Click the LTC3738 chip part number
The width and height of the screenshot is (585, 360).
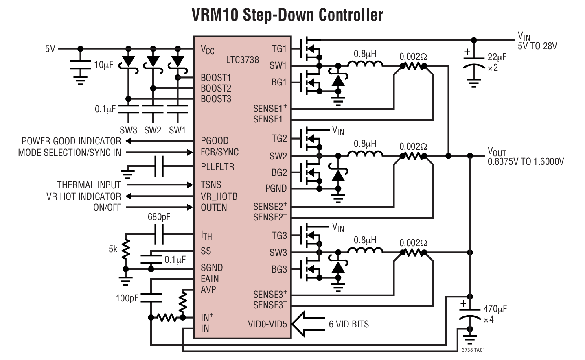click(x=242, y=60)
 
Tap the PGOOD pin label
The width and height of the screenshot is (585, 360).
click(x=215, y=141)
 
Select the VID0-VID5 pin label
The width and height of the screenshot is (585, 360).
click(x=267, y=324)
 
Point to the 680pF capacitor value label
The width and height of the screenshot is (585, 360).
click(x=159, y=217)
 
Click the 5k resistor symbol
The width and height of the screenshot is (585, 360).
click(x=126, y=249)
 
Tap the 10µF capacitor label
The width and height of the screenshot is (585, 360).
click(x=103, y=65)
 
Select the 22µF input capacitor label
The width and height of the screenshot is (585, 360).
click(x=497, y=57)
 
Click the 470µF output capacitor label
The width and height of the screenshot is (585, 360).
click(x=495, y=309)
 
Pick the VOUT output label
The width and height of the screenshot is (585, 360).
click(x=497, y=152)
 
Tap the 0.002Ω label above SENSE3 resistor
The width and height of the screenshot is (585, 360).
click(x=413, y=243)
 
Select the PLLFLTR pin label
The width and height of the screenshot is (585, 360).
click(x=217, y=167)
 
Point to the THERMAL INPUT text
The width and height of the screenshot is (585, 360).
click(x=89, y=185)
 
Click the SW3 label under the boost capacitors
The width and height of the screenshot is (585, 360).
click(x=128, y=130)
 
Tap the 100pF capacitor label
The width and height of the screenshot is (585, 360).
click(x=127, y=298)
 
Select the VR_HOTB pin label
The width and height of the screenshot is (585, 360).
click(x=219, y=196)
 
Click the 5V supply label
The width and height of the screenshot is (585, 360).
click(x=50, y=49)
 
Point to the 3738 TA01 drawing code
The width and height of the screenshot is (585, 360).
click(x=473, y=350)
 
